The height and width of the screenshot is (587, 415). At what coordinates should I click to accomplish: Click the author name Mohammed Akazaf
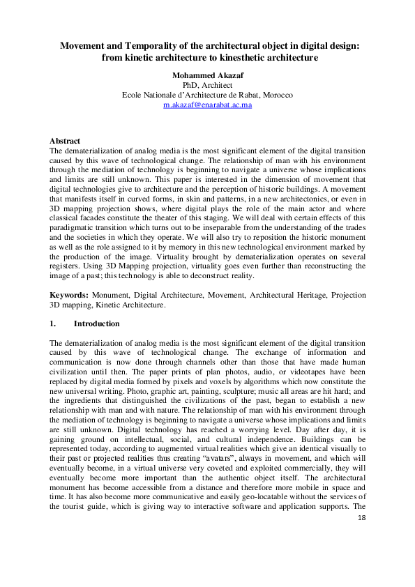[207, 75]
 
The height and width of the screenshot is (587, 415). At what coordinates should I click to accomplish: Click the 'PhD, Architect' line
[207, 84]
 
